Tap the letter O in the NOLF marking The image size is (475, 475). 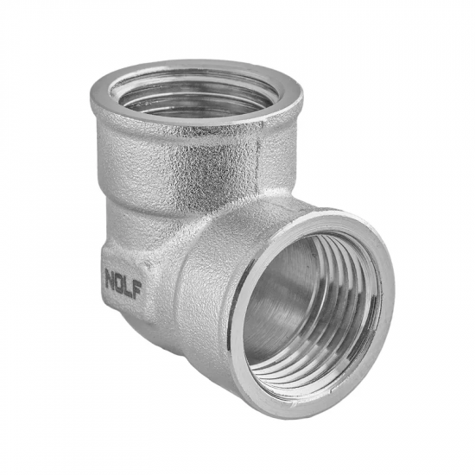click(x=123, y=280)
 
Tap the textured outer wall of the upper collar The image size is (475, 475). click(x=164, y=160)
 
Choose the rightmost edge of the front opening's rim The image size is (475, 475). click(x=394, y=285)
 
